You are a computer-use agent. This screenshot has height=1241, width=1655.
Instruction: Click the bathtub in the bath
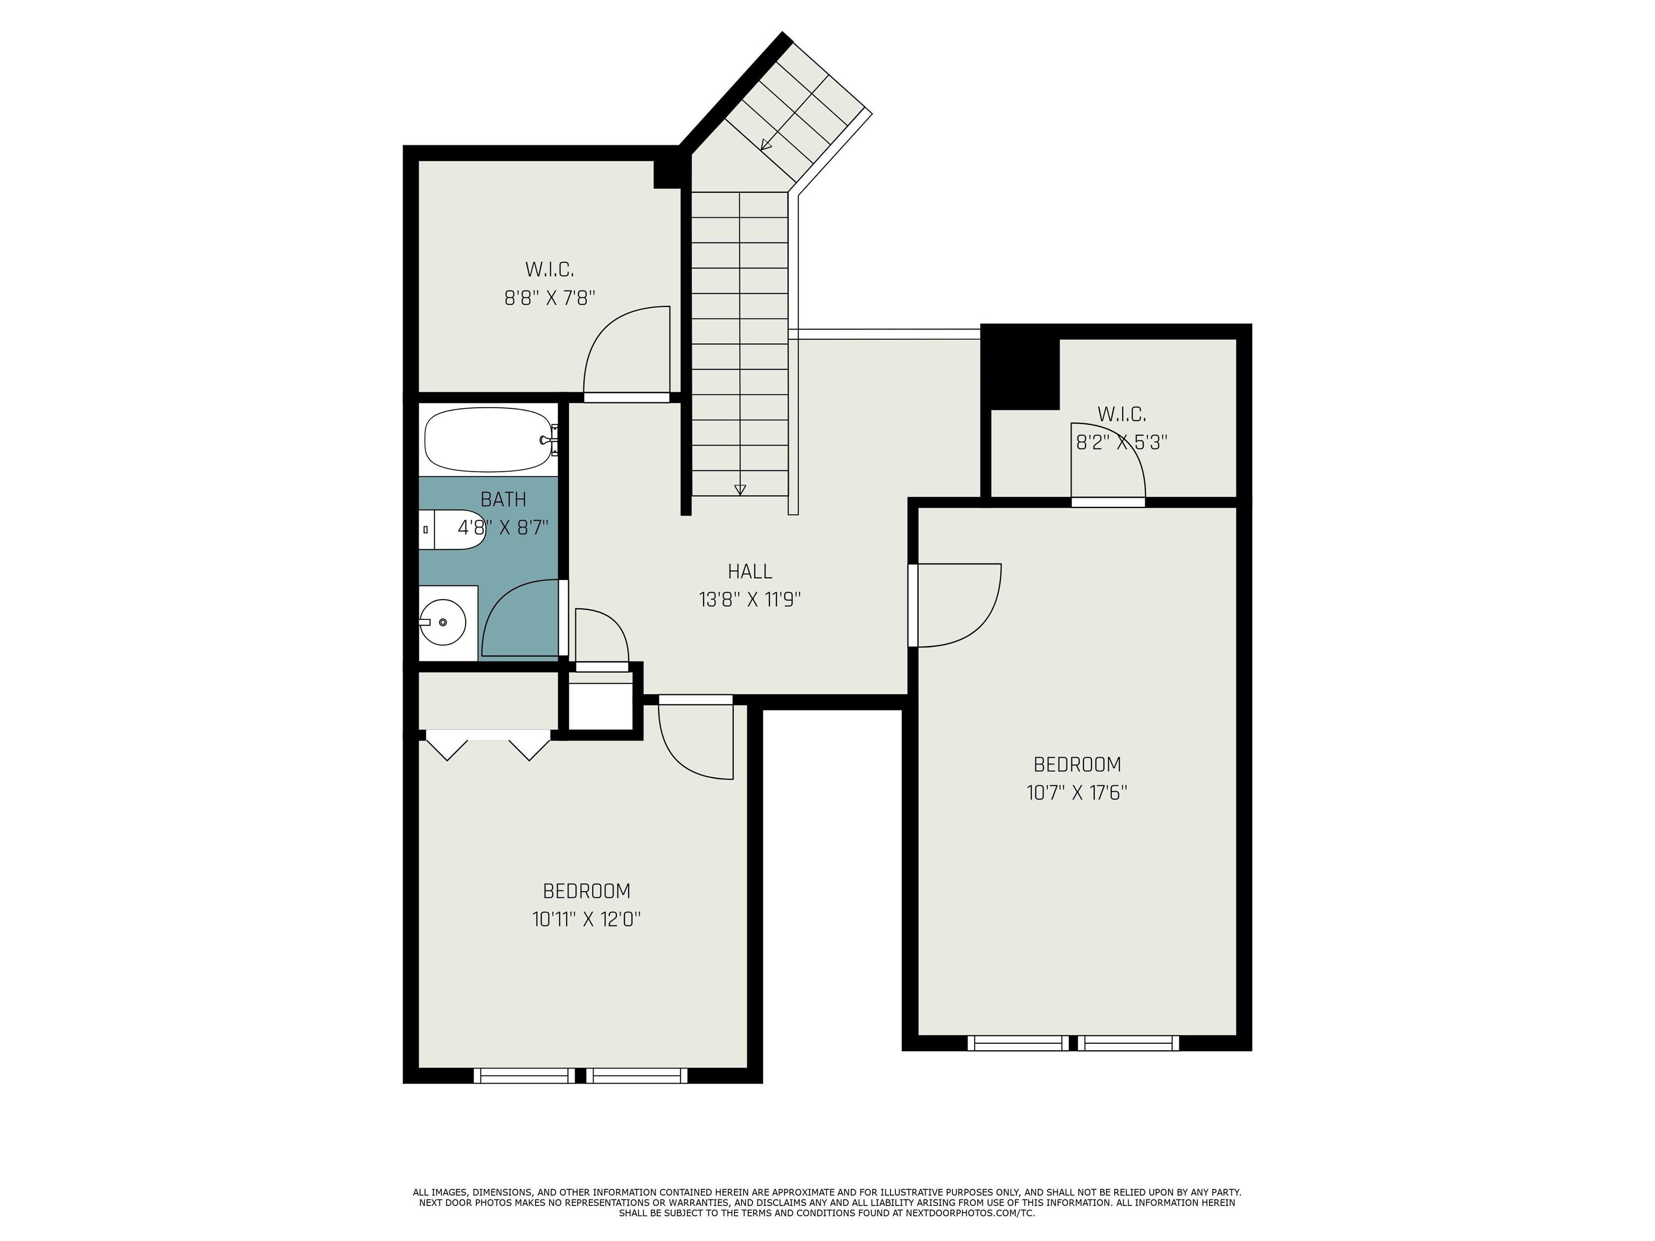click(488, 440)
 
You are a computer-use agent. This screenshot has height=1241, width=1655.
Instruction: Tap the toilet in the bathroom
click(453, 529)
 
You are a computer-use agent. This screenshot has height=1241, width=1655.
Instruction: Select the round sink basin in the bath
click(442, 622)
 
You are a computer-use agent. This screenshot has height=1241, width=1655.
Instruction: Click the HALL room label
click(750, 571)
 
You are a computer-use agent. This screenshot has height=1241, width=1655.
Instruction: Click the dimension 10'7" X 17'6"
click(1076, 793)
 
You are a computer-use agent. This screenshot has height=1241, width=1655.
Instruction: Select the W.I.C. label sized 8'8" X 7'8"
click(549, 269)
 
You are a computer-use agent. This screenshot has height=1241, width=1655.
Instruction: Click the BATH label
click(503, 499)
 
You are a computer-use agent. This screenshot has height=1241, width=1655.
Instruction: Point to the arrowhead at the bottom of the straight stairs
click(740, 490)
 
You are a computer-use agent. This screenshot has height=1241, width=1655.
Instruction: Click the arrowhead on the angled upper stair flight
click(766, 144)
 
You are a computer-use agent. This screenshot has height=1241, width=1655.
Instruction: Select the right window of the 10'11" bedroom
click(637, 1076)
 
